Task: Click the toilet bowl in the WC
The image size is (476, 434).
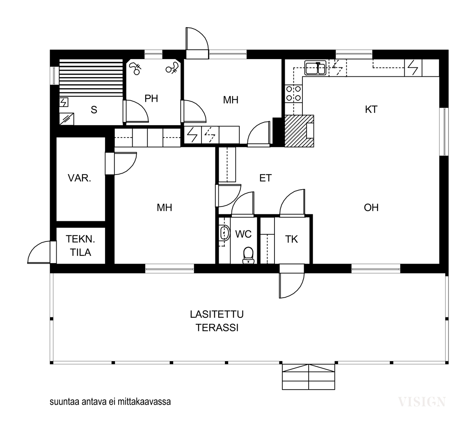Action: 248,255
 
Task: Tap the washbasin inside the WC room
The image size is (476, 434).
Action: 224,233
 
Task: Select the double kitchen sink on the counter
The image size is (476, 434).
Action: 316,68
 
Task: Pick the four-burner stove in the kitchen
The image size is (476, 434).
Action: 293,94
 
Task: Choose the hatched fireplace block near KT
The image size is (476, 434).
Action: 299,131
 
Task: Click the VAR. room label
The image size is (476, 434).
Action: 80,178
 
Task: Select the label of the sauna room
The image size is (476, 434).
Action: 94,110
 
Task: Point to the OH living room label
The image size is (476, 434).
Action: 371,208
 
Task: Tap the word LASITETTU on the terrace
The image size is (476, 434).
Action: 217,315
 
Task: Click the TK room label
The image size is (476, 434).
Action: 291,239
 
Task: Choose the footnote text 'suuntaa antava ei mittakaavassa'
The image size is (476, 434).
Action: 110,402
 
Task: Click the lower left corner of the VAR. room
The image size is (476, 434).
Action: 57,221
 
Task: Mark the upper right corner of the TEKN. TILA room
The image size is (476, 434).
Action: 105,228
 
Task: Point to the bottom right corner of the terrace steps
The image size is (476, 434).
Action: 335,389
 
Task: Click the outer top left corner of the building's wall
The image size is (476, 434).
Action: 50,50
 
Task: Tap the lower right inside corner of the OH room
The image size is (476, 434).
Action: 439,264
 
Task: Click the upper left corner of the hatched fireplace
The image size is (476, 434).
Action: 285,115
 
